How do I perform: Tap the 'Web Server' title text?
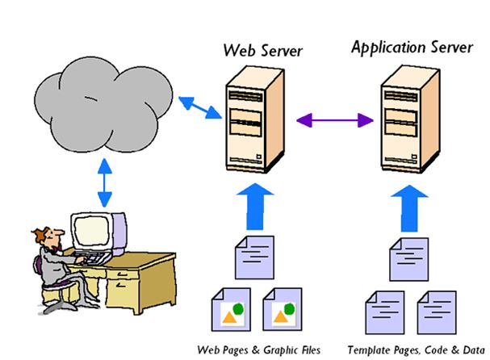tap(262, 51)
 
